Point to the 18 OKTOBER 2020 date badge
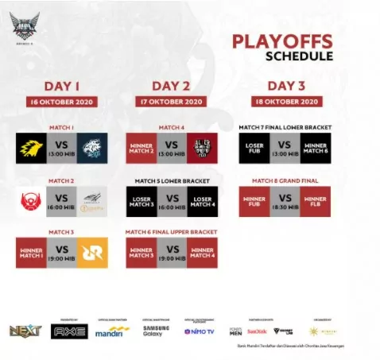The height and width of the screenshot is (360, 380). [284, 102]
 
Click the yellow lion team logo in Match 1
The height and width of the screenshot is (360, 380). [30, 147]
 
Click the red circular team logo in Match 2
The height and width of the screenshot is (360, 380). [31, 202]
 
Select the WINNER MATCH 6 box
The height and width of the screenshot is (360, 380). [315, 147]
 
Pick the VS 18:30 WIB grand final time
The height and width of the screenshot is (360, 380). [284, 202]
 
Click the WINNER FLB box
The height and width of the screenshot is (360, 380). [315, 202]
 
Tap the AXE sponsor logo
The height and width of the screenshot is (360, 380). [69, 331]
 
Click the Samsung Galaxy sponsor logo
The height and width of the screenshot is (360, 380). [156, 330]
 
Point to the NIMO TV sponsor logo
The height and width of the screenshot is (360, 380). [200, 331]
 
